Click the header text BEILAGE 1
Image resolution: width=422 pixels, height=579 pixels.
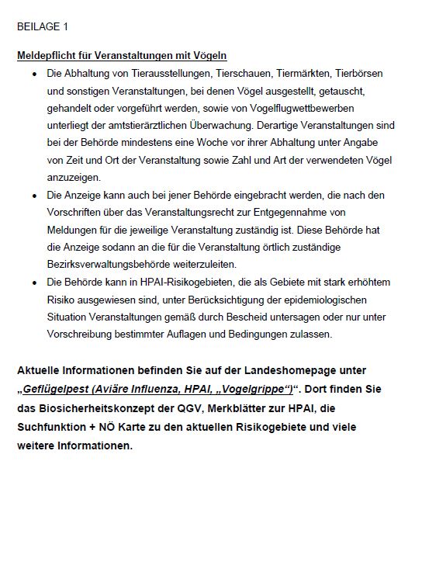(43, 26)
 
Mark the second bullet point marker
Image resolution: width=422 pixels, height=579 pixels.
(35, 194)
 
